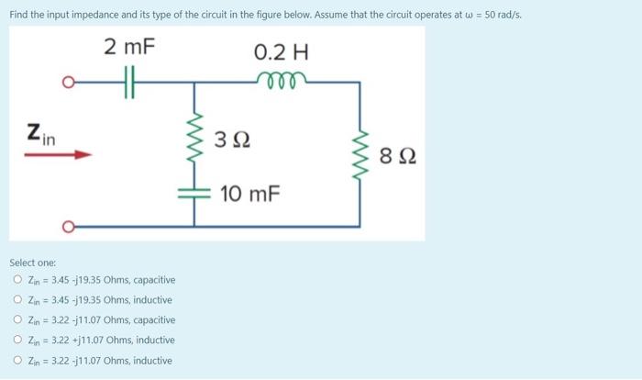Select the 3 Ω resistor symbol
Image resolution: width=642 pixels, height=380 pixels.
point(194,140)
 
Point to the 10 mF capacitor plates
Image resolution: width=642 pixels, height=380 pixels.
point(194,194)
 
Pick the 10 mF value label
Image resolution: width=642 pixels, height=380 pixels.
point(249,195)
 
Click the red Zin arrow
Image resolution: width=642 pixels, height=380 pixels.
point(58,155)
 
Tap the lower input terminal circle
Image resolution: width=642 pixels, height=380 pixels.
point(67,226)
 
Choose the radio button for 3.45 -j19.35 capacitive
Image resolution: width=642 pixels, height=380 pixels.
point(18,280)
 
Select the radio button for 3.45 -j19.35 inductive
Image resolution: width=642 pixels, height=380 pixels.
point(18,300)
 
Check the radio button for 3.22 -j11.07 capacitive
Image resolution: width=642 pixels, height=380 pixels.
point(18,320)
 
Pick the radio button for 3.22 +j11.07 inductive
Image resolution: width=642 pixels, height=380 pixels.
point(18,341)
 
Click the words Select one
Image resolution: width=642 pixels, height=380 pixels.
point(33,263)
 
